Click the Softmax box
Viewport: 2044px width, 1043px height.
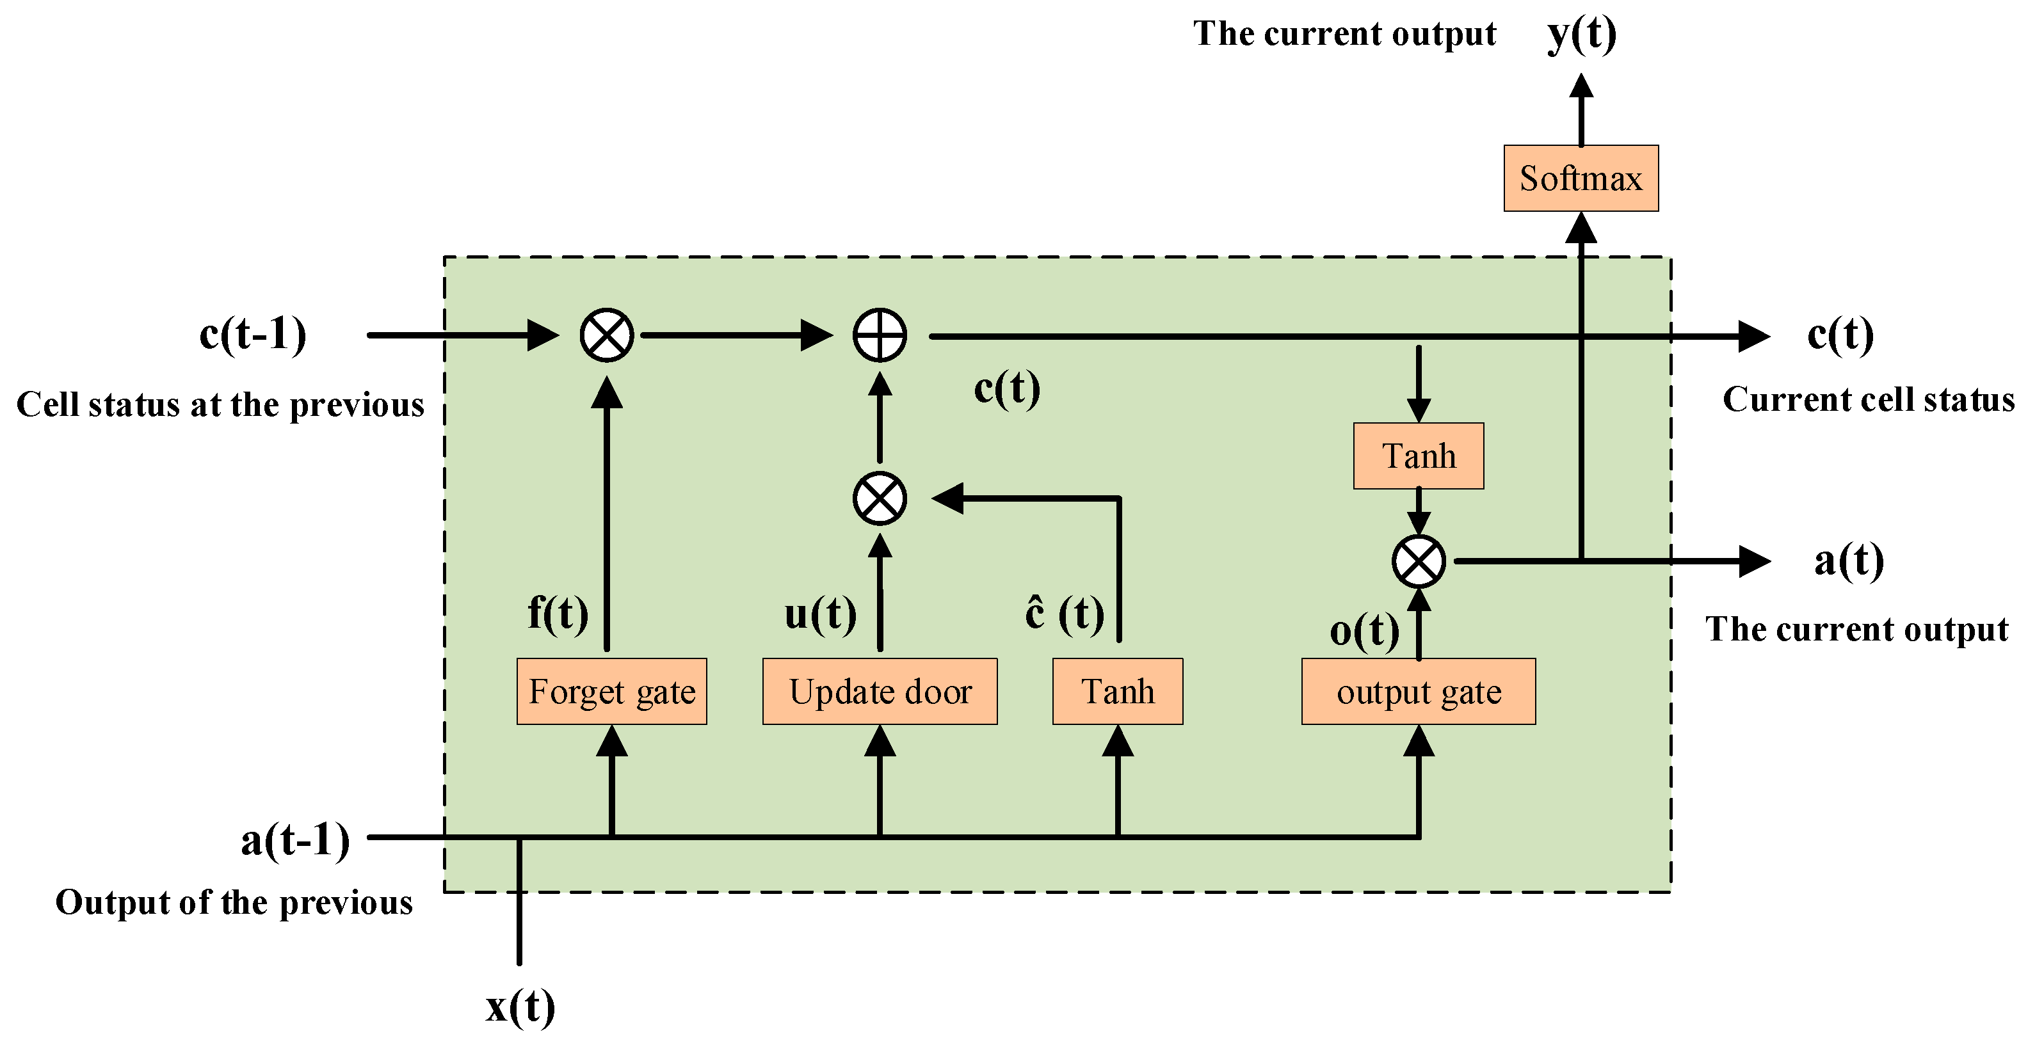tap(1581, 179)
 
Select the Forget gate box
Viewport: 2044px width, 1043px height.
tap(612, 692)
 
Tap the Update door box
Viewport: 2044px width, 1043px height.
tap(880, 692)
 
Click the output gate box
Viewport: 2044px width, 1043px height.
tap(1419, 692)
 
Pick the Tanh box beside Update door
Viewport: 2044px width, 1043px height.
tap(1117, 692)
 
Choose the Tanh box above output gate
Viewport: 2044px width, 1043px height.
tap(1419, 456)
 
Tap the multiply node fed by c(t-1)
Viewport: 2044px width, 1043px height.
tap(607, 335)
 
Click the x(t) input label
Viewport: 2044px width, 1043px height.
tap(520, 1007)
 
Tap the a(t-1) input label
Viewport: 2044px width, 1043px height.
tap(295, 839)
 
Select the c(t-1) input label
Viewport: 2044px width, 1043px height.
tap(252, 334)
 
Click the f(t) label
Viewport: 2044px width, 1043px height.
tap(558, 613)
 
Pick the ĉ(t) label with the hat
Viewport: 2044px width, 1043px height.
tap(1064, 613)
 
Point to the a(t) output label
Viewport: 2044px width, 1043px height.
tap(1849, 561)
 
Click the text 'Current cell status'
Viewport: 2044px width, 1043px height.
tap(1868, 399)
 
